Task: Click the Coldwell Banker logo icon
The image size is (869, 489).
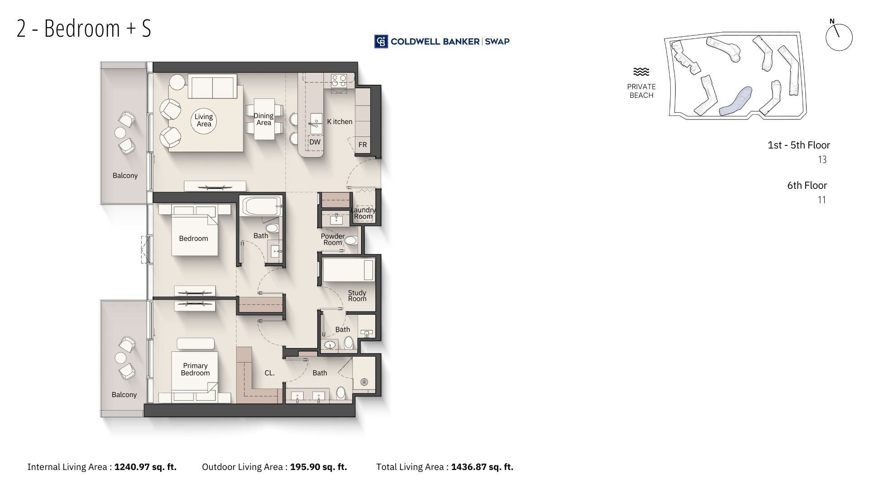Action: (381, 41)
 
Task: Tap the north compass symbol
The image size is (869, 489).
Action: (839, 36)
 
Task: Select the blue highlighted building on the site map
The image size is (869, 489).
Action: (735, 101)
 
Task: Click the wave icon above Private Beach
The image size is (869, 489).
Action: (641, 72)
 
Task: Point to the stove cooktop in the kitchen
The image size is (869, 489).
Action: (339, 81)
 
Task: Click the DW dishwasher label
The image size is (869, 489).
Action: (315, 142)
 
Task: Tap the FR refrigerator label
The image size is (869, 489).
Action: (363, 145)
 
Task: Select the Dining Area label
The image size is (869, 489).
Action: (263, 119)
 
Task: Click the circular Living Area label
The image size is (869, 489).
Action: (204, 120)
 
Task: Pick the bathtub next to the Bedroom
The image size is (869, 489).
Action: (262, 206)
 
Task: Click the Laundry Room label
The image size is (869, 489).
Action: (363, 213)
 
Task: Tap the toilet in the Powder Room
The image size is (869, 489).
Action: (351, 240)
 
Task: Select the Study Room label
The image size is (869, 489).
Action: (357, 296)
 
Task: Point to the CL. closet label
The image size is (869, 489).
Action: (270, 373)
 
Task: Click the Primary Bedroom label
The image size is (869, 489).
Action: (196, 369)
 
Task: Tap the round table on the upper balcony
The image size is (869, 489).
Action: (120, 132)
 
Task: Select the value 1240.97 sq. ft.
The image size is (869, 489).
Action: (145, 467)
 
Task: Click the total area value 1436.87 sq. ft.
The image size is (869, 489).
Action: (482, 467)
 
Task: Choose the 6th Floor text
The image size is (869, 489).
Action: (807, 185)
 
